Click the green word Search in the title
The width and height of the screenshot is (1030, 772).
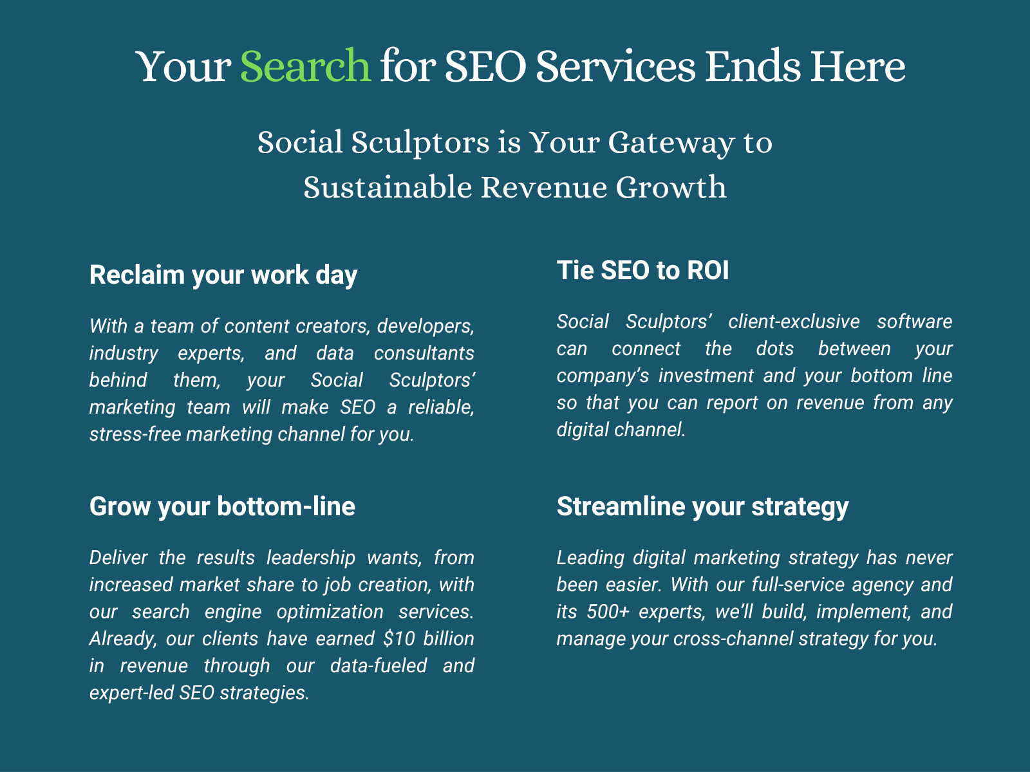pyautogui.click(x=306, y=66)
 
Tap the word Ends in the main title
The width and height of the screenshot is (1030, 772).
pyautogui.click(x=753, y=66)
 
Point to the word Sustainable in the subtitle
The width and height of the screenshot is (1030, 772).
pyautogui.click(x=387, y=187)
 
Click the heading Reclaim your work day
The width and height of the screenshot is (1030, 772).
pyautogui.click(x=223, y=275)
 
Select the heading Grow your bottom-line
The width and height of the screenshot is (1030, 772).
pyautogui.click(x=222, y=507)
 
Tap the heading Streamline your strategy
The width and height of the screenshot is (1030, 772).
pyautogui.click(x=702, y=507)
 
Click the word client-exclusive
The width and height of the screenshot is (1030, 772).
pyautogui.click(x=794, y=322)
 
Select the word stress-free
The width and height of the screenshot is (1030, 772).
pyautogui.click(x=135, y=434)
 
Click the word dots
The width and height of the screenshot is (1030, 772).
pyautogui.click(x=774, y=349)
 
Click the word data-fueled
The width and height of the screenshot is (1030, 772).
pyautogui.click(x=379, y=666)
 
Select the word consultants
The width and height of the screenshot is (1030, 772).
pyautogui.click(x=424, y=353)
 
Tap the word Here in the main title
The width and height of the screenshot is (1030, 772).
pyautogui.click(x=858, y=66)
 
